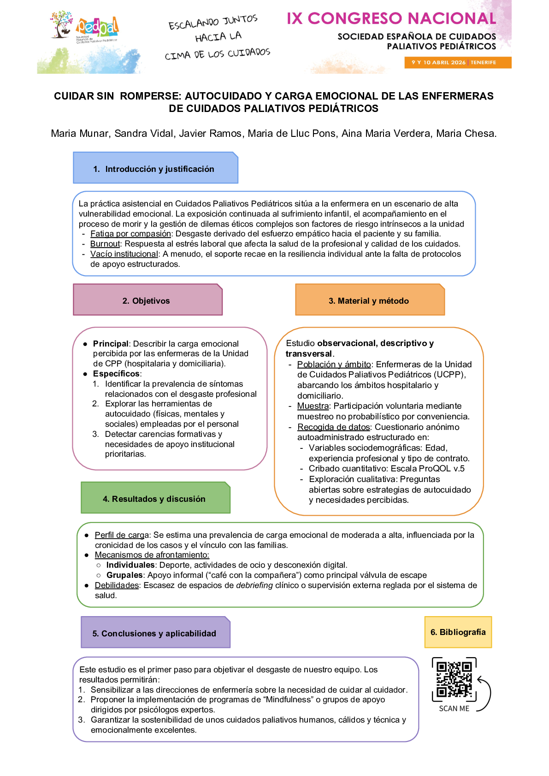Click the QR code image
tap(454, 679)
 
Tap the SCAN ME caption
tap(454, 708)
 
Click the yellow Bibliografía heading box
tap(458, 632)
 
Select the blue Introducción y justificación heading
tap(155, 169)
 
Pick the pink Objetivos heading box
tap(148, 300)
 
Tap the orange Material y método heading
tap(369, 300)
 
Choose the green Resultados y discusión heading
tap(155, 499)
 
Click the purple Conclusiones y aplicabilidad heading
tap(155, 633)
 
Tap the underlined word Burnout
tap(105, 244)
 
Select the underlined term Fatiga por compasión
tap(130, 234)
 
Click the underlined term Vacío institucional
tap(124, 254)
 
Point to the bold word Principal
tap(111, 344)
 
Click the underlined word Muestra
tap(313, 406)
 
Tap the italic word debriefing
tap(254, 585)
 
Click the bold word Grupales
tap(124, 575)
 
